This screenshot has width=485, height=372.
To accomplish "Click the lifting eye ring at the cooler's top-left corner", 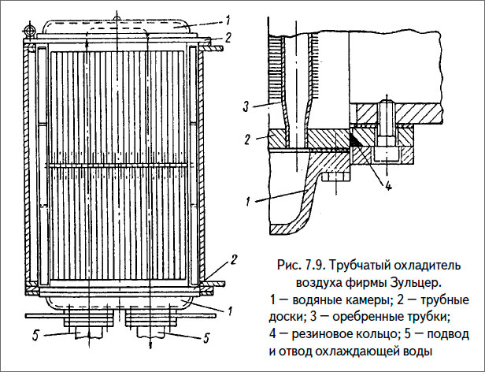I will pyautogui.click(x=30, y=31).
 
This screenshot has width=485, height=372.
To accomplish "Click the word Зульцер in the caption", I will pyautogui.click(x=413, y=281).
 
